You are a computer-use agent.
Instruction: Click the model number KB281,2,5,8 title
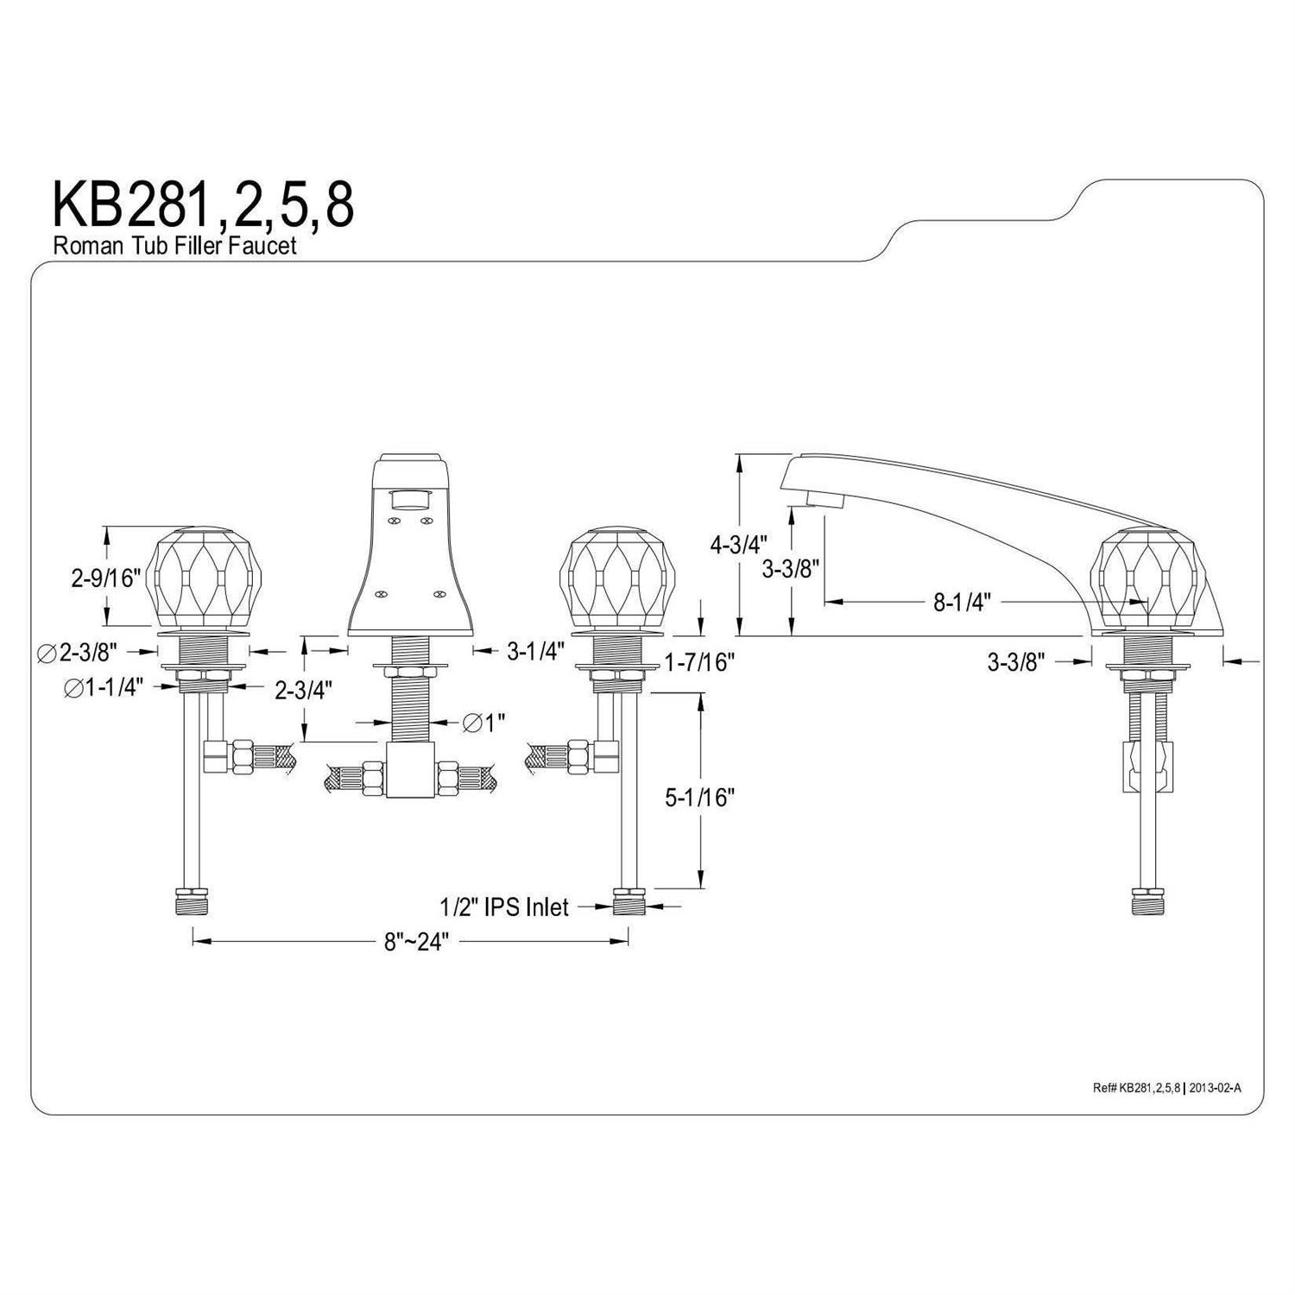(x=203, y=205)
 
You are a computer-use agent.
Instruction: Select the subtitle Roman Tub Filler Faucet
(x=175, y=245)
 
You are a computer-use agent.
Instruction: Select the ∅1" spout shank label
(x=483, y=722)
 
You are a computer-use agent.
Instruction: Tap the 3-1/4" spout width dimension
(x=536, y=650)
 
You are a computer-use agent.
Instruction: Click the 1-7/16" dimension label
(x=699, y=662)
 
